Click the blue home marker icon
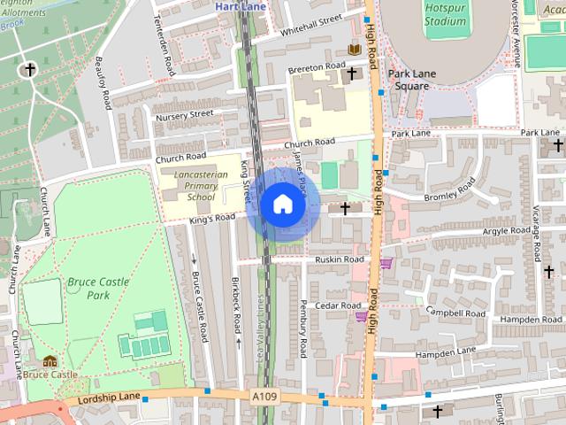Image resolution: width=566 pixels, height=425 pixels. point(282,205)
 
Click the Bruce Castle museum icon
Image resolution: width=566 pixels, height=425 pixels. point(50,361)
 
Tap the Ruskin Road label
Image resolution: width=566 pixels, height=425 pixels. point(340,259)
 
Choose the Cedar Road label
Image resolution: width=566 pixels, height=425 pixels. point(340,305)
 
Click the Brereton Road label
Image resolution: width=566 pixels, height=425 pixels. point(316,67)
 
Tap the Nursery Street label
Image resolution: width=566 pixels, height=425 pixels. point(184,114)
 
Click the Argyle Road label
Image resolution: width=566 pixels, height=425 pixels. point(507,231)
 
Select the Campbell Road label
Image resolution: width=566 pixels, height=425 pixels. point(456,312)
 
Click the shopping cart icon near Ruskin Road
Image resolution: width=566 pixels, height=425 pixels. point(386,263)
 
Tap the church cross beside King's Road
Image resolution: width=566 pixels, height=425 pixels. point(344,208)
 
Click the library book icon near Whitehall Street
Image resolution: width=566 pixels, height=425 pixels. point(354,50)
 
